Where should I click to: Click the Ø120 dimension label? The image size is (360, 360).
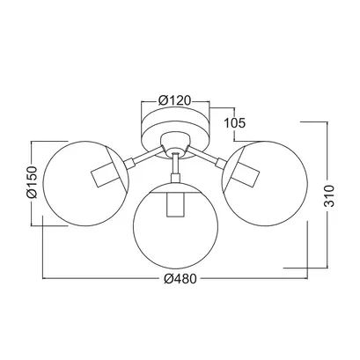tap(174, 100)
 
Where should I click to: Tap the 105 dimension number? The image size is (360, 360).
tap(234, 123)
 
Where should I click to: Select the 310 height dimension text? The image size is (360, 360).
tap(329, 195)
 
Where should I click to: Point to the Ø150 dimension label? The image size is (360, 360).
tap(32, 182)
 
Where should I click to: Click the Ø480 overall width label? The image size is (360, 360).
tap(180, 279)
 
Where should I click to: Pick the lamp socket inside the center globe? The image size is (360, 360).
tap(175, 204)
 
